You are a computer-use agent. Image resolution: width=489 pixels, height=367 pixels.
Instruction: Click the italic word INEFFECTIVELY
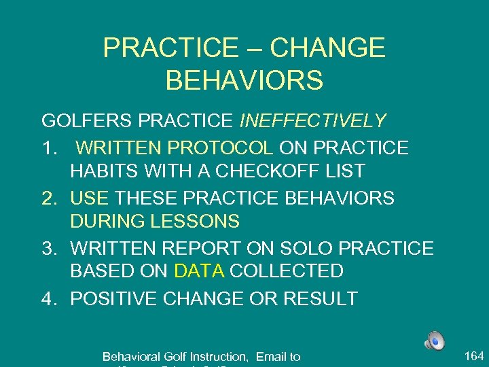313,121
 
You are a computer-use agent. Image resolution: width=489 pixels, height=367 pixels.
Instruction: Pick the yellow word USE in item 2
89,198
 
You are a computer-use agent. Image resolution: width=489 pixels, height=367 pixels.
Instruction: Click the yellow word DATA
199,271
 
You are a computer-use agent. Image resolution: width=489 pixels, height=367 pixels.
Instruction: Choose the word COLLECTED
287,271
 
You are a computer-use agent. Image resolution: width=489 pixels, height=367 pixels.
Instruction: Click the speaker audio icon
435,340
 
